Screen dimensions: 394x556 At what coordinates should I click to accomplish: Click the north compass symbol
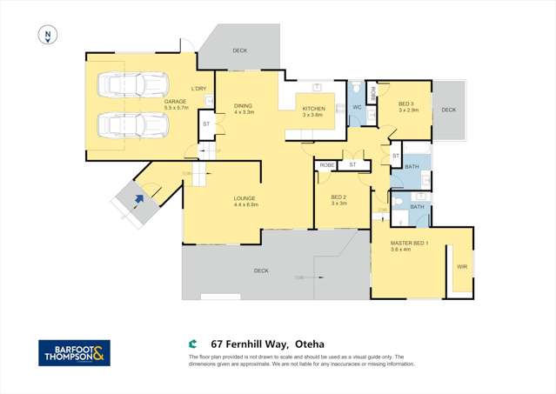point(48,36)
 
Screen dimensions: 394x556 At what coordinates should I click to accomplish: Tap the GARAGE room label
point(177,101)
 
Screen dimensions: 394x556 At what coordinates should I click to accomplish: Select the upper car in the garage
point(133,85)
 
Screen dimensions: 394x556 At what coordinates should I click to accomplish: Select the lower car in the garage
point(133,126)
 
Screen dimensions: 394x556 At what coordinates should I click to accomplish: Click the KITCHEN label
point(313,109)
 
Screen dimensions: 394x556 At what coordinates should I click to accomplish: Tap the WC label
point(357,108)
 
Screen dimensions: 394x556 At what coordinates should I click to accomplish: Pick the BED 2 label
point(338,197)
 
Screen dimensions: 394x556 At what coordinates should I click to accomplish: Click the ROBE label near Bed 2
point(327,164)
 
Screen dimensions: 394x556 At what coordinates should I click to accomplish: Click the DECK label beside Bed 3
point(448,110)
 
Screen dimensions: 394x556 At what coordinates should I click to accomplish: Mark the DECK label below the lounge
point(261,270)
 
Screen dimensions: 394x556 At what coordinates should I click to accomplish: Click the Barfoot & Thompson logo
point(74,352)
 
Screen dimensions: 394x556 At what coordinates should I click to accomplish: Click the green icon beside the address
point(193,344)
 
